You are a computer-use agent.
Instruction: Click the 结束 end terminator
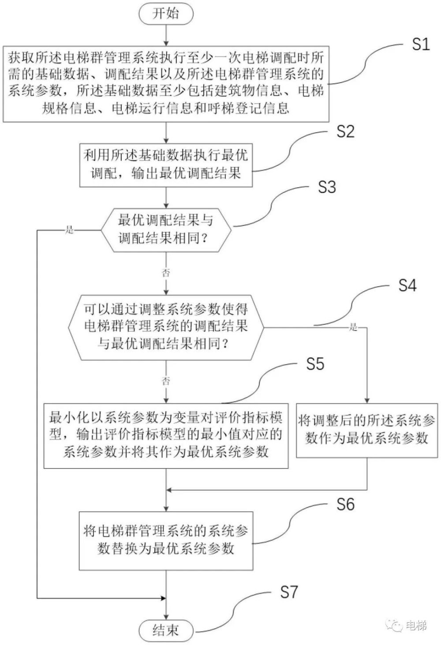[x=166, y=630]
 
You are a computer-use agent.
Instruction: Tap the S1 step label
[x=420, y=44]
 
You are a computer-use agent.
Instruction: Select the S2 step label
[x=345, y=131]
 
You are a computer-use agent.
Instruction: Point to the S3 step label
[x=327, y=187]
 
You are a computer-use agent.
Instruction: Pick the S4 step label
[x=407, y=285]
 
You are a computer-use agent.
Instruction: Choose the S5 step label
[x=315, y=364]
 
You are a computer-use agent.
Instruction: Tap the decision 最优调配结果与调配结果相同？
[x=166, y=229]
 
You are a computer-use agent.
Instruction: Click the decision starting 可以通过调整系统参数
[x=166, y=326]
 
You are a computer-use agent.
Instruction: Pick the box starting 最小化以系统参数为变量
[x=166, y=435]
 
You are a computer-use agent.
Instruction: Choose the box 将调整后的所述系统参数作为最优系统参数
[x=367, y=430]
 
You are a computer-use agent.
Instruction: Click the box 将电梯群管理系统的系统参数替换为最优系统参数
[x=166, y=540]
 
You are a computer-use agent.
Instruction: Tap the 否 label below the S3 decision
[x=166, y=273]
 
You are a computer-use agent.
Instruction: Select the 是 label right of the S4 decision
[x=353, y=327]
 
